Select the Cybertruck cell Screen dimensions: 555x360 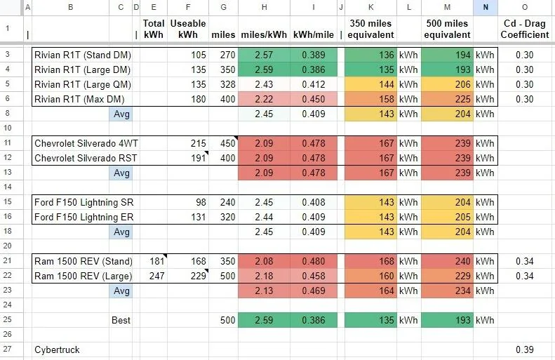57,349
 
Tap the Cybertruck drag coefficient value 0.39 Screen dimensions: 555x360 524,349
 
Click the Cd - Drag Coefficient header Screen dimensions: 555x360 525,29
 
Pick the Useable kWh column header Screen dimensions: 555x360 188,29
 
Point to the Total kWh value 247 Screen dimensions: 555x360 156,276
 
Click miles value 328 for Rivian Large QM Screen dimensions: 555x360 227,85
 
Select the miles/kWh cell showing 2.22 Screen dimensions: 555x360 264,99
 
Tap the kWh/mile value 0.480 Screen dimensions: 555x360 313,261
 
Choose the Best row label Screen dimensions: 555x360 121,321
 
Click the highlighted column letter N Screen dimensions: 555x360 486,7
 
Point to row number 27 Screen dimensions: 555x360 8,349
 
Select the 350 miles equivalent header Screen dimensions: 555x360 370,29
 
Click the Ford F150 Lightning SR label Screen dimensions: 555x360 84,203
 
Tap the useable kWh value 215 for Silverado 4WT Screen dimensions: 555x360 198,143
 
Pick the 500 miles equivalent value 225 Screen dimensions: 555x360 462,99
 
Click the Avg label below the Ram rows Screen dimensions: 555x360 121,291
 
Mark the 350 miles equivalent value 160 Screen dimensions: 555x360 386,276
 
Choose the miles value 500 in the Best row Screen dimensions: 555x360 227,321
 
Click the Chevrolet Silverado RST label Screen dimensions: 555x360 86,158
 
